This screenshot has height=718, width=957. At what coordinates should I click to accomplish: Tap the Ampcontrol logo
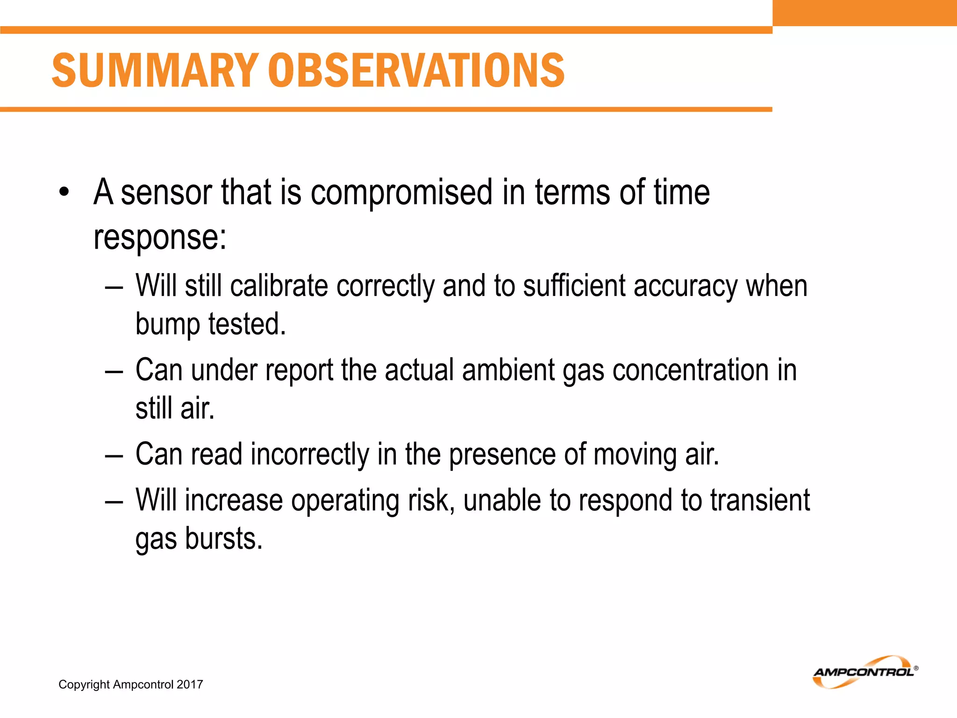(x=865, y=672)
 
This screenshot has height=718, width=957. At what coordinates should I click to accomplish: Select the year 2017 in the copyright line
(x=190, y=684)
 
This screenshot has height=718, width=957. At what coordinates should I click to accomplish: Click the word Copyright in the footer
(x=84, y=684)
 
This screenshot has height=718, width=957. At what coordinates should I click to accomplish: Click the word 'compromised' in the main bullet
(x=401, y=192)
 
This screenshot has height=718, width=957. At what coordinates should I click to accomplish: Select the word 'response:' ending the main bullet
(x=160, y=237)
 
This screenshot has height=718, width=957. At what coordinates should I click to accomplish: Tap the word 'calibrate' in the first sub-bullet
(x=279, y=286)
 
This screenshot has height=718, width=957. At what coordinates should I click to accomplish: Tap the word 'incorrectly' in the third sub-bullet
(x=310, y=454)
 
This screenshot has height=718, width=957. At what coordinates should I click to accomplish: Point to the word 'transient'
(x=760, y=500)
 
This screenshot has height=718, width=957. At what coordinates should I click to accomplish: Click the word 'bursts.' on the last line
(x=224, y=538)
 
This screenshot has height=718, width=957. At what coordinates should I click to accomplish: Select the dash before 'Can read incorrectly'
(x=114, y=455)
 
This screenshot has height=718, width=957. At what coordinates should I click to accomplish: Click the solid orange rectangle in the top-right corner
(x=864, y=13)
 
